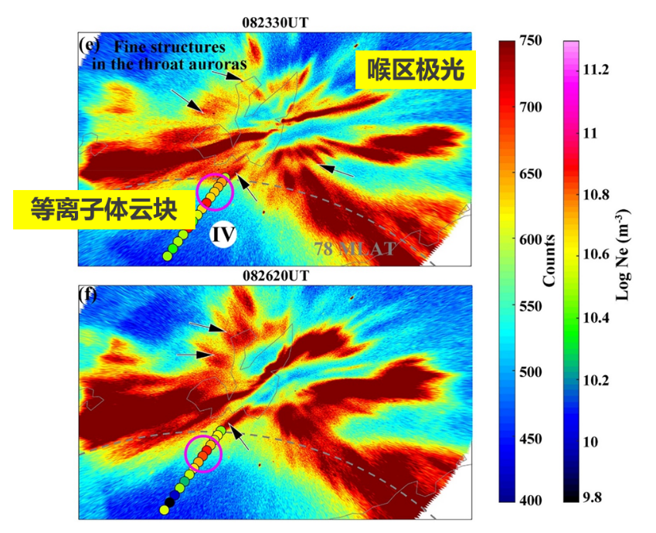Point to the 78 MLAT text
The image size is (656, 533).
tap(355, 248)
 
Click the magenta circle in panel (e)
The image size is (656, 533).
tap(216, 192)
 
